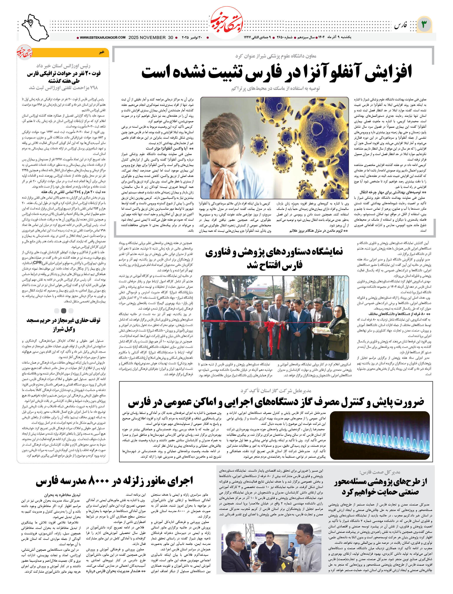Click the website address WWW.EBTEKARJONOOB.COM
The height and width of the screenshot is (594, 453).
(102, 38)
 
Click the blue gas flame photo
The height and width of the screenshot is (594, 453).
(379, 435)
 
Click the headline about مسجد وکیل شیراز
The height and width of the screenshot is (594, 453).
(64, 324)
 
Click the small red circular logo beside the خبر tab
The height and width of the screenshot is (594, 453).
(24, 52)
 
